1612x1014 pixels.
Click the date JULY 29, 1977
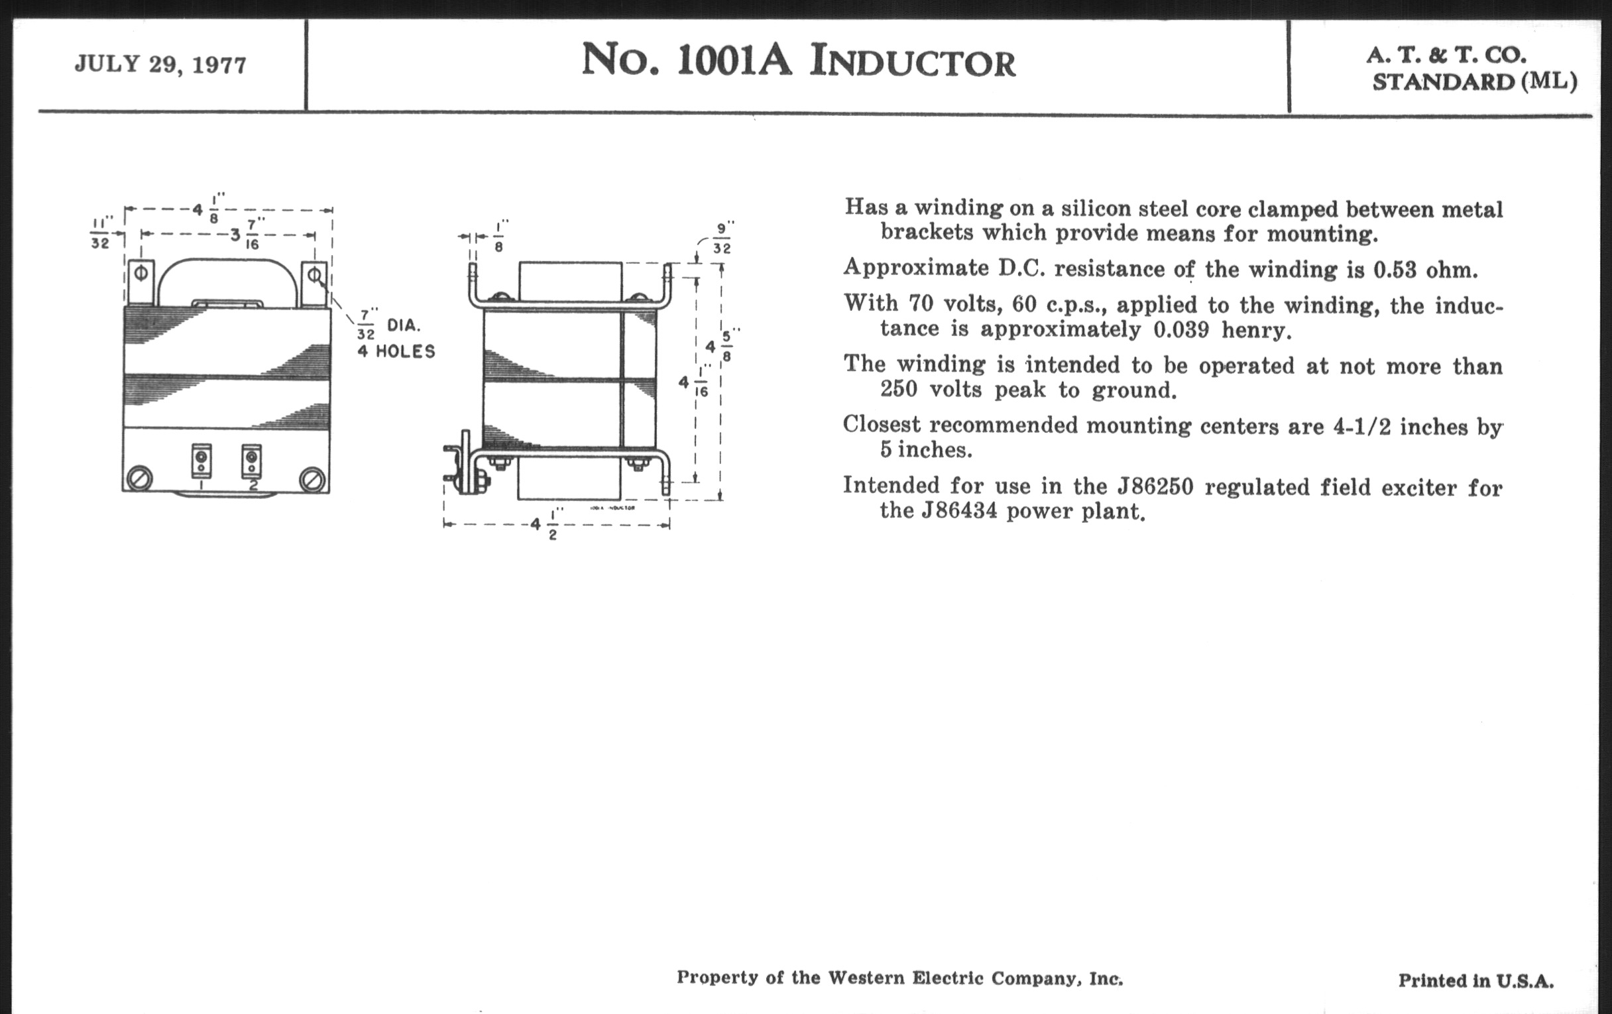coord(160,64)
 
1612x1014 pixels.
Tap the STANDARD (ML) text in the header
coord(1474,82)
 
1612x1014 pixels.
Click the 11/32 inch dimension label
coord(101,232)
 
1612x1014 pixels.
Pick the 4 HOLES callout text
coord(396,351)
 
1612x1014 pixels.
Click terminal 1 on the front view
coord(201,460)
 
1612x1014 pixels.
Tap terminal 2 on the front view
coord(251,460)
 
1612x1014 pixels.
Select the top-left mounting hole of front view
coord(141,273)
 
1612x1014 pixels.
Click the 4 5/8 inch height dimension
coord(717,346)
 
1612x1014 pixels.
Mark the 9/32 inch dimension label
coord(721,239)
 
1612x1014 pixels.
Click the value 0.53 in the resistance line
coord(1395,270)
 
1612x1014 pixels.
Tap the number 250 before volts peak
coord(898,389)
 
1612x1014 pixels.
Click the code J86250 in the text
coord(1151,486)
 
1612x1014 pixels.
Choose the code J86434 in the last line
coord(958,511)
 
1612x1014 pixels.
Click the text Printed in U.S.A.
coord(1475,981)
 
